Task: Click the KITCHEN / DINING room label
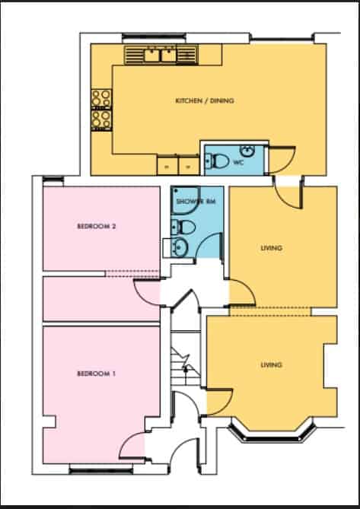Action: point(204,101)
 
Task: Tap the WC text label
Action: point(238,162)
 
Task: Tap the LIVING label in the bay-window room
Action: point(271,365)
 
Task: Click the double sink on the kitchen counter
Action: point(161,54)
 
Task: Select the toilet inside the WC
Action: point(218,160)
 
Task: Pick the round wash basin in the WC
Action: point(248,149)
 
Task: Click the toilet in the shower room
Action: point(183,226)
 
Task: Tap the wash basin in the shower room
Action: point(180,246)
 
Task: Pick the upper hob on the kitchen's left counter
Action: point(101,97)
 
